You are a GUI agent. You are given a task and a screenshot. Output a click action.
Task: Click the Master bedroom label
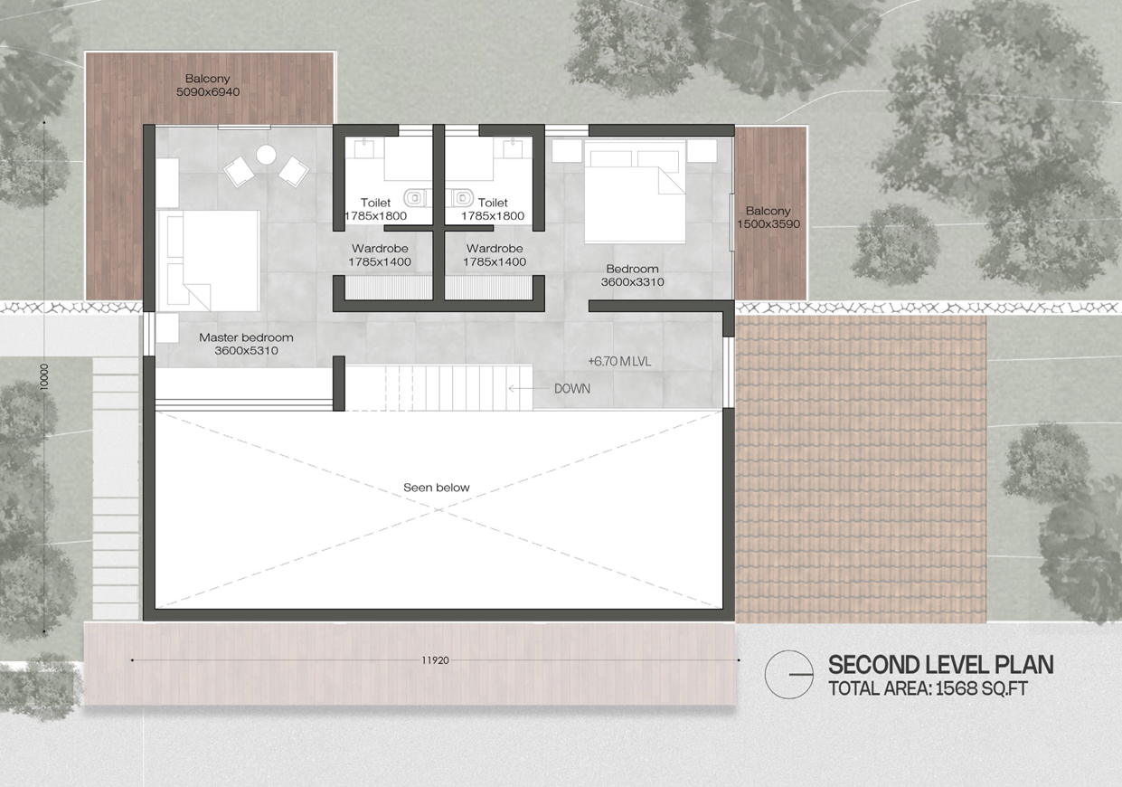246,344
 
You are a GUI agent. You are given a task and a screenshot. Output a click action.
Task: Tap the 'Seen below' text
437,488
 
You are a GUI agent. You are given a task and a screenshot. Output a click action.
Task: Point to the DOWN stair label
572,388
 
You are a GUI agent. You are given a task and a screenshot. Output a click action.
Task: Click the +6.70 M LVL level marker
619,362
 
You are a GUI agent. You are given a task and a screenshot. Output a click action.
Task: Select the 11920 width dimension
435,660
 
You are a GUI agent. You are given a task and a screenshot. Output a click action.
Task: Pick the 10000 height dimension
44,377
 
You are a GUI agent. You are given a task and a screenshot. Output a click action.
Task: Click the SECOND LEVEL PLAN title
940,665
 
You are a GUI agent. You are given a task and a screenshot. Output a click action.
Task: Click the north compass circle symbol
789,674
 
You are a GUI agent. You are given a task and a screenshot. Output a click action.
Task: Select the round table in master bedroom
266,155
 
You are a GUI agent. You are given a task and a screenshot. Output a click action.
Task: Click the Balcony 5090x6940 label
208,85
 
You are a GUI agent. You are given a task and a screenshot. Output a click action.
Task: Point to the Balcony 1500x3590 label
768,217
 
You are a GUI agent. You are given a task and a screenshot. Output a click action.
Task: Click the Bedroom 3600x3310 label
633,275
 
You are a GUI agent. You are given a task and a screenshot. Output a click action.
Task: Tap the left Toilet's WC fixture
417,198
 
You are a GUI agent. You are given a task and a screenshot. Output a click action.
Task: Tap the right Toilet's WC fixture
460,198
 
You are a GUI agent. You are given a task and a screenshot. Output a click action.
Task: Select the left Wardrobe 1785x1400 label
380,255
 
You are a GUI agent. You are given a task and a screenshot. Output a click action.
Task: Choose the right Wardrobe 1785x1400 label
495,255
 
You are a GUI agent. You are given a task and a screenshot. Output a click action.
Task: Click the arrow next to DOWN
528,388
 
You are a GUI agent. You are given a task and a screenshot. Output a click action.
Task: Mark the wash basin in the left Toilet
363,147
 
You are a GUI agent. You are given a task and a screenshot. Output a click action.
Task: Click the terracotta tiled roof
861,469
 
